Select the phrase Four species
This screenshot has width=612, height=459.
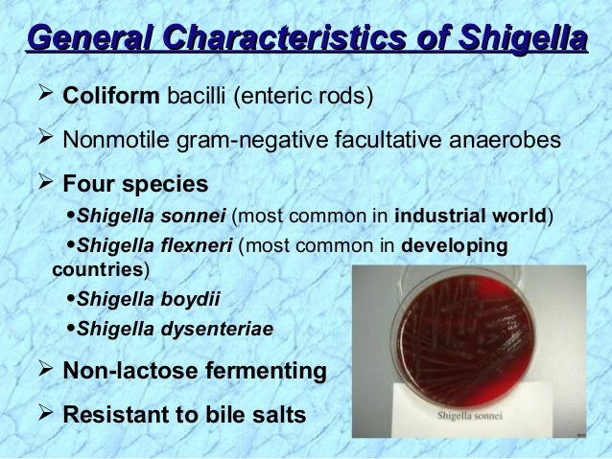[133, 182]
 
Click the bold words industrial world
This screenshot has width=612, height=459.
[470, 212]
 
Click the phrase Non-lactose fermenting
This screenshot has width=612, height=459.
[193, 370]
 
